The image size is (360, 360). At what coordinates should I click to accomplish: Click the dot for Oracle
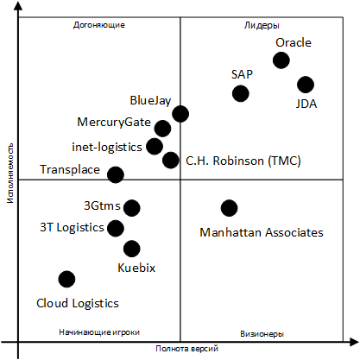pyautogui.click(x=281, y=60)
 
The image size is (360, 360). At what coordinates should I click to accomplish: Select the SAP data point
pyautogui.click(x=240, y=93)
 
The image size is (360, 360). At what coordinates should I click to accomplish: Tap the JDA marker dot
pyautogui.click(x=306, y=85)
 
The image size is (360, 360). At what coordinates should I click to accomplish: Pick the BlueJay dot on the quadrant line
pyautogui.click(x=180, y=114)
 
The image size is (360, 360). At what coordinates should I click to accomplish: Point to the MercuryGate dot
pyautogui.click(x=162, y=129)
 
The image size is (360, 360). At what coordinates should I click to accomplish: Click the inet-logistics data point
pyautogui.click(x=155, y=146)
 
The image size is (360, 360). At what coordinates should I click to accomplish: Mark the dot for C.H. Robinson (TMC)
pyautogui.click(x=171, y=160)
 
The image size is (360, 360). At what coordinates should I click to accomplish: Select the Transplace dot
pyautogui.click(x=116, y=174)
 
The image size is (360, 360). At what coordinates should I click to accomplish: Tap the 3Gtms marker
pyautogui.click(x=132, y=208)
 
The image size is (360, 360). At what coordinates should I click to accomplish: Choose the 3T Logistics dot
pyautogui.click(x=116, y=229)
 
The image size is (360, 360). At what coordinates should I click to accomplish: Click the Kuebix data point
pyautogui.click(x=132, y=249)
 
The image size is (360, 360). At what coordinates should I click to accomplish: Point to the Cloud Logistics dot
pyautogui.click(x=66, y=279)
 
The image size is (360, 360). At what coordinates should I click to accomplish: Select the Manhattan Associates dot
pyautogui.click(x=230, y=208)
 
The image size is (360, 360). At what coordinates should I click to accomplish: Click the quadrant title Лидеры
pyautogui.click(x=262, y=26)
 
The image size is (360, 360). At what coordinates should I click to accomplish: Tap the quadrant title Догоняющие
pyautogui.click(x=99, y=25)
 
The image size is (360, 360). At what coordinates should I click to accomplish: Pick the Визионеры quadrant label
pyautogui.click(x=262, y=334)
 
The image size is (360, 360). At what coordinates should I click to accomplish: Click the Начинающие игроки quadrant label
pyautogui.click(x=99, y=332)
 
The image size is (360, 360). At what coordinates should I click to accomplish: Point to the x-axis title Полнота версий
pyautogui.click(x=187, y=349)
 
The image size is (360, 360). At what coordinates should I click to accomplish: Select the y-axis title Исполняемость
pyautogui.click(x=10, y=173)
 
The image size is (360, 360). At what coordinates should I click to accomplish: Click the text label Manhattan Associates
pyautogui.click(x=262, y=232)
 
